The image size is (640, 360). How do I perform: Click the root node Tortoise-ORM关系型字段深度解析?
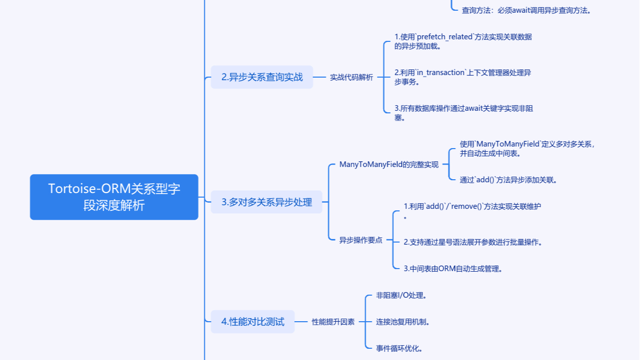click(x=114, y=197)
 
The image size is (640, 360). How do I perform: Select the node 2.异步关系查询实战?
click(x=262, y=77)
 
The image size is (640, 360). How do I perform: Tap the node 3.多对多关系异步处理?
click(x=266, y=202)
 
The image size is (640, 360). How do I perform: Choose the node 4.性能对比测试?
click(x=252, y=322)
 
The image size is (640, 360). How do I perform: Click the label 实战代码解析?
click(x=351, y=78)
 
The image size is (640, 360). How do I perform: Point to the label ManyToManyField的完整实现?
click(x=389, y=165)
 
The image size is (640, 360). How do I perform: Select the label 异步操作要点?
click(x=361, y=241)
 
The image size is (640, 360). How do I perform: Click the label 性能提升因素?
click(x=333, y=322)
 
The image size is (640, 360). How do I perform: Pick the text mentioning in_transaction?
click(x=462, y=77)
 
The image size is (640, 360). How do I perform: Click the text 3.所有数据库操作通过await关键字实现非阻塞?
click(x=463, y=113)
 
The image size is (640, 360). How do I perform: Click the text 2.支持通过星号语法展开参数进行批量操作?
click(x=472, y=242)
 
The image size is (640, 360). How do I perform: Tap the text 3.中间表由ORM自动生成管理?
click(x=453, y=269)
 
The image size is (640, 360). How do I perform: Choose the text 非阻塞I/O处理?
click(x=401, y=296)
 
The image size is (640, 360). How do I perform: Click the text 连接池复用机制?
click(x=402, y=322)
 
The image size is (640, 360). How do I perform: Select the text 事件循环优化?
click(x=399, y=349)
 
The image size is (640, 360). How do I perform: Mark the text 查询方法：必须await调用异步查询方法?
click(x=526, y=10)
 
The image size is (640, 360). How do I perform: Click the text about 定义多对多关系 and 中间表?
click(x=526, y=149)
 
